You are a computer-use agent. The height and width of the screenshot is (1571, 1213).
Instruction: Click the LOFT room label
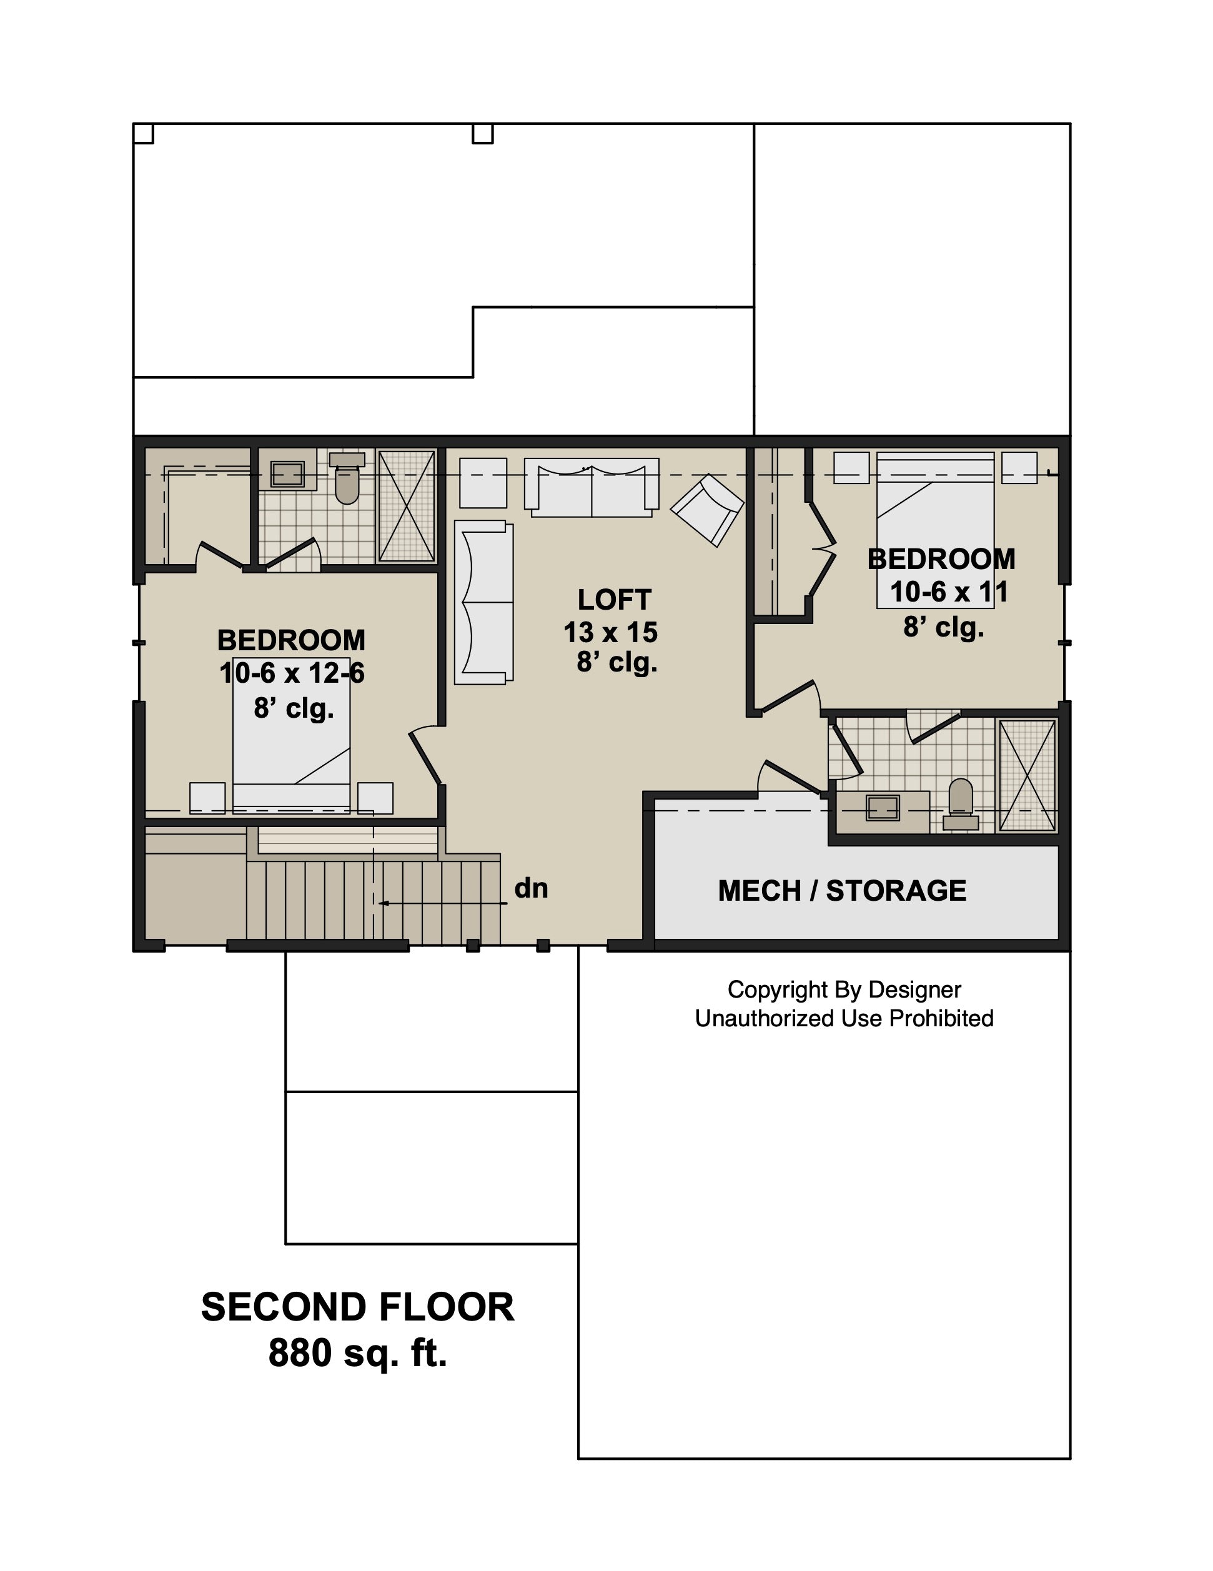coord(615,599)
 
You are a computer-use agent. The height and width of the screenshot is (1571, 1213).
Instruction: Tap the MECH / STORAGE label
coord(842,891)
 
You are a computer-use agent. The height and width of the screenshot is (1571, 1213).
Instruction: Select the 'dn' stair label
coord(531,888)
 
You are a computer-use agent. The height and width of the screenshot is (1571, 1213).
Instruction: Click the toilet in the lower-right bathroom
coord(961,804)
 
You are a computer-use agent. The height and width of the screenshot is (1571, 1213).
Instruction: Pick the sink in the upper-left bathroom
coord(288,473)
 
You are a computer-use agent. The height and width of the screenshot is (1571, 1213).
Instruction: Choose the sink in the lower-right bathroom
coord(883,808)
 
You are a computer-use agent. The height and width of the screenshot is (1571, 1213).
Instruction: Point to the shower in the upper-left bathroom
coord(407,506)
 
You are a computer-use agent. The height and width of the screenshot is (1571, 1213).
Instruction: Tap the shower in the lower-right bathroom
coord(1027,775)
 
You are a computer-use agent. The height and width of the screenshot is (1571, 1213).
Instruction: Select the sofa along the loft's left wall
coord(484,602)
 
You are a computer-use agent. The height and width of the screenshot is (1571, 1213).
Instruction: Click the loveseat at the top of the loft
coord(592,487)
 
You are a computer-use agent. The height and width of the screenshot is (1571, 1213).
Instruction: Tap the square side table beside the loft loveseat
coord(483,483)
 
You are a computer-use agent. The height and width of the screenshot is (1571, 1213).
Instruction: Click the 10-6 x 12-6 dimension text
coord(292,673)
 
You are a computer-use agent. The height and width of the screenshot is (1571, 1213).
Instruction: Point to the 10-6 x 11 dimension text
coord(949,592)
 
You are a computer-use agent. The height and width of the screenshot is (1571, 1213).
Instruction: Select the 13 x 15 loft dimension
coord(610,632)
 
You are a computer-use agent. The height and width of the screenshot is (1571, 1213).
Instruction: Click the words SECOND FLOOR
coord(357,1307)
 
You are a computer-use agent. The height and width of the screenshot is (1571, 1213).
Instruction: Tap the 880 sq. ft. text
coord(357,1353)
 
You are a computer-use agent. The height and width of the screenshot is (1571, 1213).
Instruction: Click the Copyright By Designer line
coord(844,990)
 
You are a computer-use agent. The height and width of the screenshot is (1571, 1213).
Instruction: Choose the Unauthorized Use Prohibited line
coord(844,1019)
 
